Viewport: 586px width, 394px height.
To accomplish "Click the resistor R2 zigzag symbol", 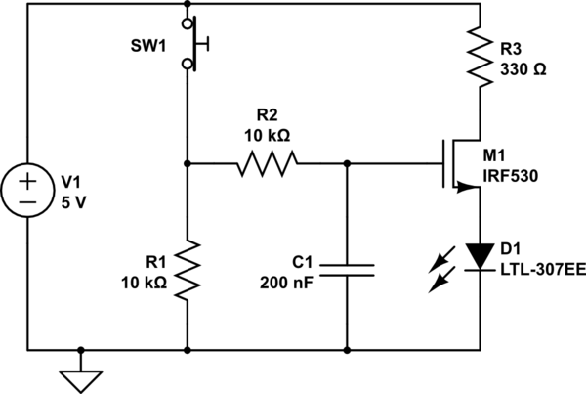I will coord(265,163).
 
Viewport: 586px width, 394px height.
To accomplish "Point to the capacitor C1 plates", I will coord(347,269).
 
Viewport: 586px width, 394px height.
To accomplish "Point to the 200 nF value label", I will coord(286,284).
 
